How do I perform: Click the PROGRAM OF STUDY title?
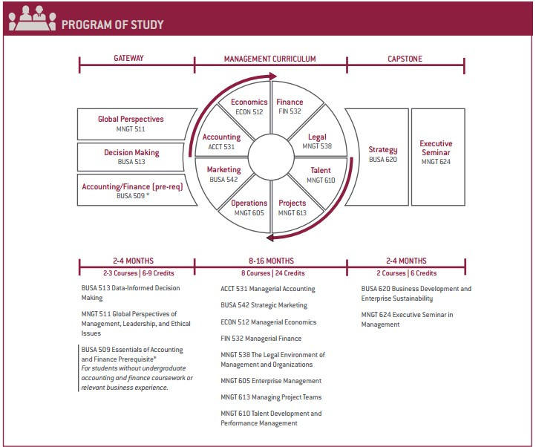coord(112,24)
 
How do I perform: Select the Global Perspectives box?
coord(131,123)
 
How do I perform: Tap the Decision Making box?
coord(131,157)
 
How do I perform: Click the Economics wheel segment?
coord(249,108)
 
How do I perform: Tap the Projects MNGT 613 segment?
coord(292,207)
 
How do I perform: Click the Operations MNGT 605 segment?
coord(249,207)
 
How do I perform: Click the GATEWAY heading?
coord(130,59)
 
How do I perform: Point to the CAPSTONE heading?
coord(405,59)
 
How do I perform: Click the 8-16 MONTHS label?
coord(270,261)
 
